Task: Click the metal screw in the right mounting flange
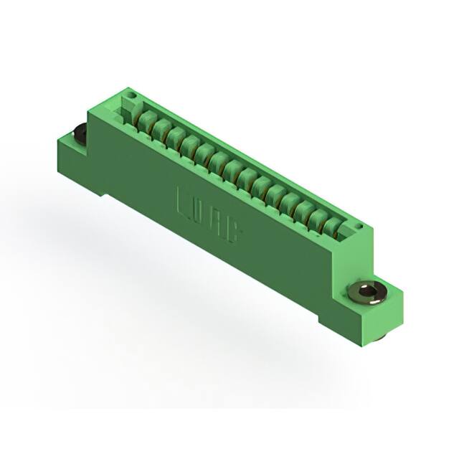tap(367, 290)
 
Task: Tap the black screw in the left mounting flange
tap(80, 133)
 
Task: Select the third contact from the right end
tap(303, 209)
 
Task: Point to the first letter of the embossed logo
tap(184, 202)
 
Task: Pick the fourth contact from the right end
tap(288, 202)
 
